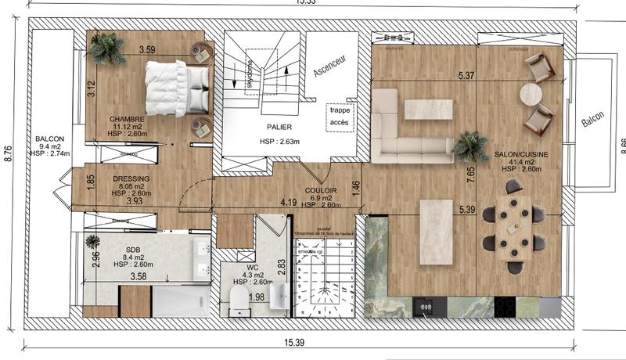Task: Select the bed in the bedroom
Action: [x=177, y=88]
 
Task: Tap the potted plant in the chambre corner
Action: [x=106, y=49]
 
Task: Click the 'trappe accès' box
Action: [x=340, y=116]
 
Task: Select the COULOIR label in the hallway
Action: [x=321, y=189]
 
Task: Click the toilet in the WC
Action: [x=239, y=297]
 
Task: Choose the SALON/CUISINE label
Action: [x=520, y=155]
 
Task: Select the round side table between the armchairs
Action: [x=531, y=94]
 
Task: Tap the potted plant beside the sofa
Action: [x=471, y=146]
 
